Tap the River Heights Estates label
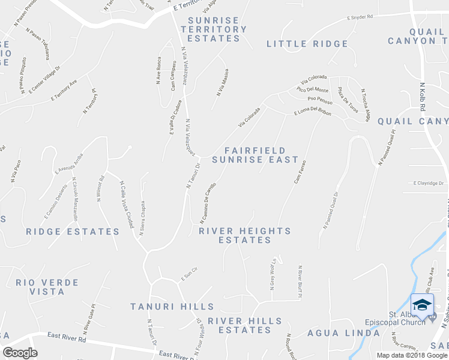click(x=245, y=235)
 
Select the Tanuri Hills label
click(x=164, y=307)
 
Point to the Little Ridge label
click(x=307, y=44)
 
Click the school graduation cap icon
click(x=422, y=304)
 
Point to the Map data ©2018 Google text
click(x=412, y=355)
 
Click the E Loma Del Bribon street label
click(x=313, y=112)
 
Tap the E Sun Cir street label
click(x=189, y=278)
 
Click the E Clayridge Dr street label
click(x=428, y=183)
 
